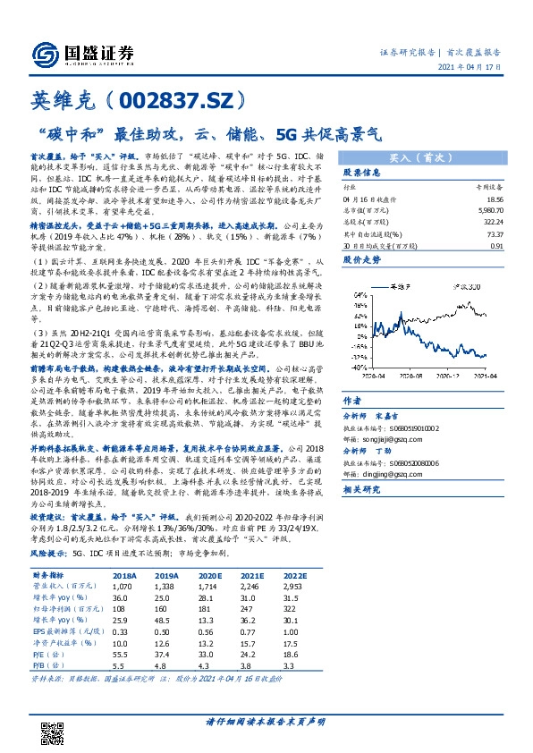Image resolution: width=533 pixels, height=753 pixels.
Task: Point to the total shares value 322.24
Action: pyautogui.click(x=488, y=224)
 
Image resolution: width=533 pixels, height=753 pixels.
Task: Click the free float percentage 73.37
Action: pyautogui.click(x=490, y=235)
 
